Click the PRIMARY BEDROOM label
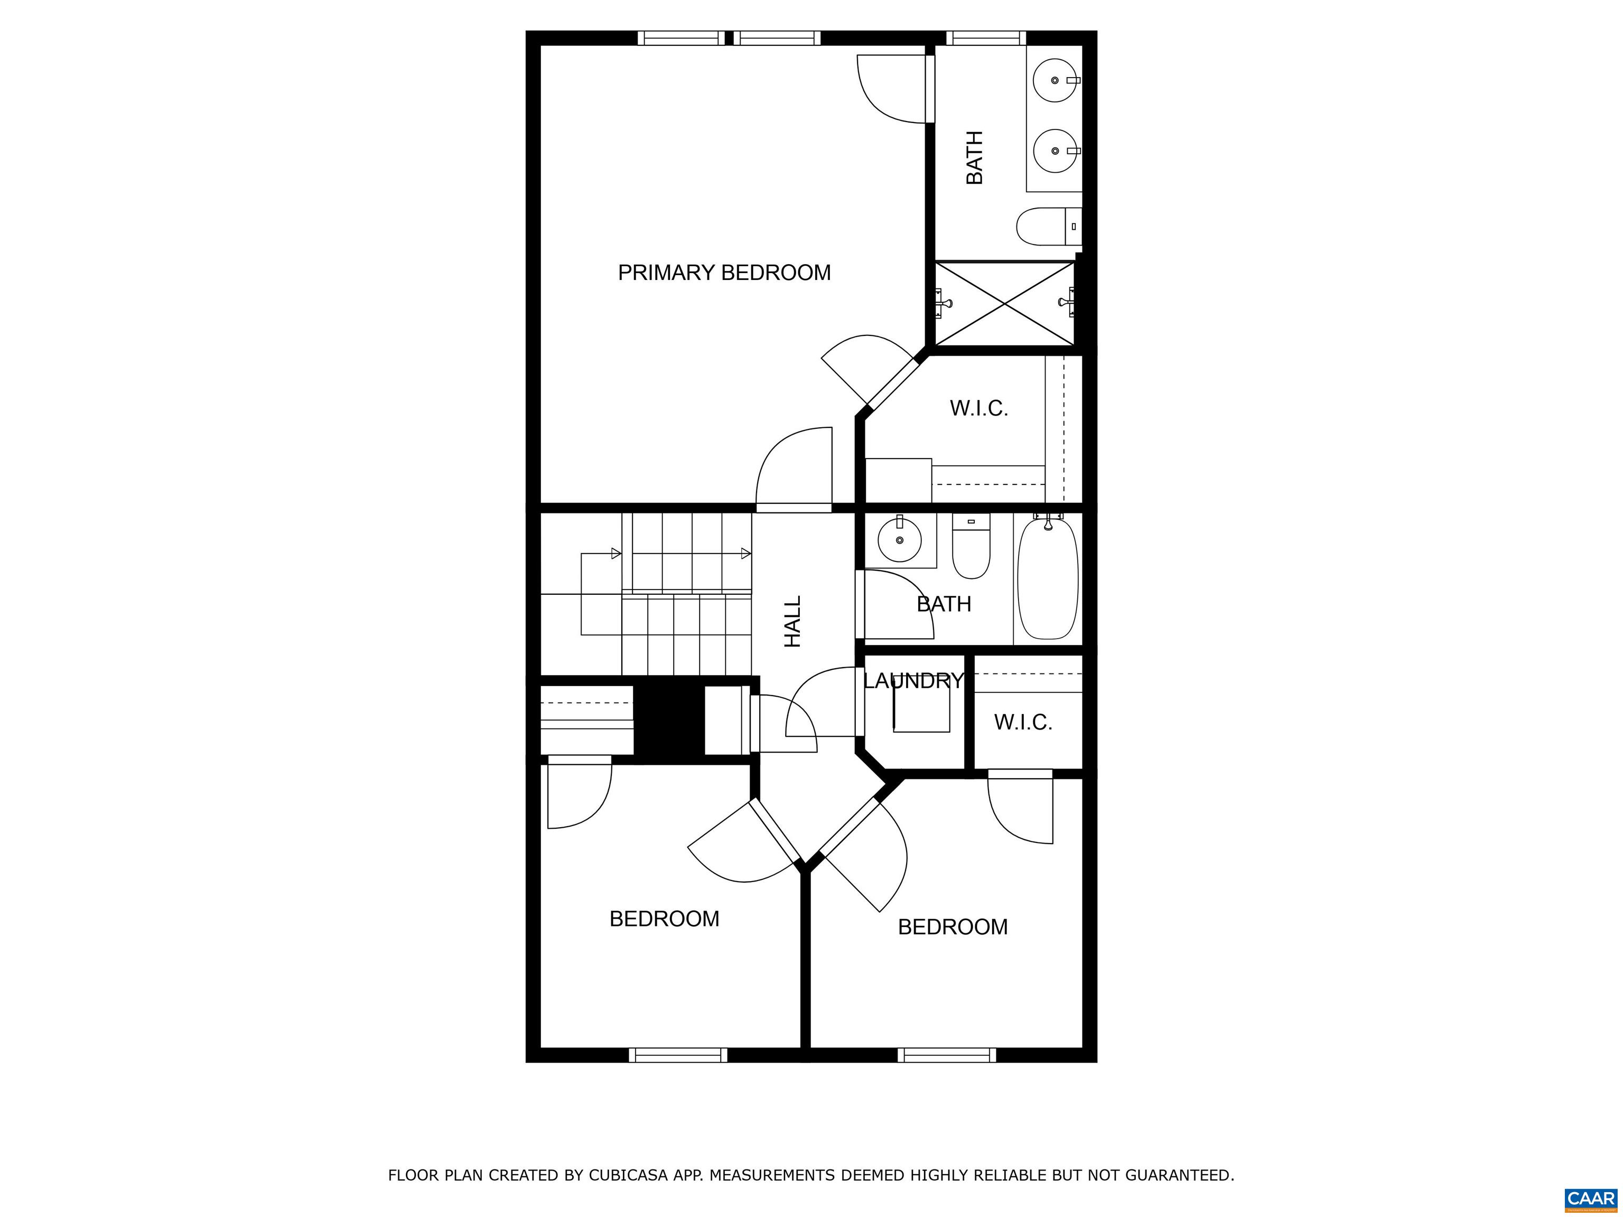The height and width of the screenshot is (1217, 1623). pos(724,273)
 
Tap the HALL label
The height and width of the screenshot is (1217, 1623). pos(793,621)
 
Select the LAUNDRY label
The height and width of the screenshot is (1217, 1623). pos(913,681)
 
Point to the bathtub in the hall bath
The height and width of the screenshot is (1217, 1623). pos(1048,578)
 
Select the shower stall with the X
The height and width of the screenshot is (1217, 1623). pos(1005,303)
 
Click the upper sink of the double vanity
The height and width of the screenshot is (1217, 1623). pos(1056,79)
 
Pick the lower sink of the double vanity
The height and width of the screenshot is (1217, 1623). pos(1056,151)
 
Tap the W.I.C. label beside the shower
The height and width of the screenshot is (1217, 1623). pos(979,409)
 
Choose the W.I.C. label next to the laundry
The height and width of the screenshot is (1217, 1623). pos(1023,723)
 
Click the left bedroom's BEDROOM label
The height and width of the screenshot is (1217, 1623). pos(664,919)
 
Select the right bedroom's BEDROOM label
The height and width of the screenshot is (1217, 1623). pos(953,927)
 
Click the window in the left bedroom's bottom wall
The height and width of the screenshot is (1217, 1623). pos(678,1055)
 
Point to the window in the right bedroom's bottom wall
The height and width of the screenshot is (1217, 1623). pos(947,1055)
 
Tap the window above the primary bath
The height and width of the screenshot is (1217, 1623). pos(985,38)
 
